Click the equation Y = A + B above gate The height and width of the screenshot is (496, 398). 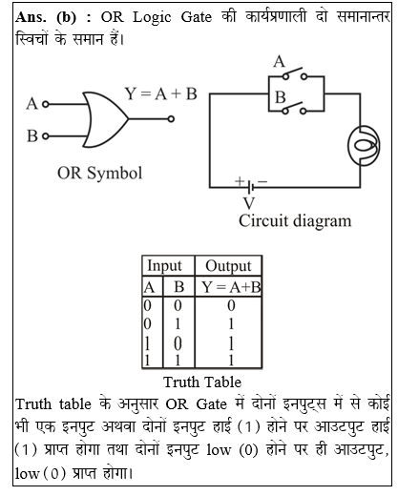point(160,93)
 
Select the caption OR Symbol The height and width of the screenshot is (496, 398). point(100,173)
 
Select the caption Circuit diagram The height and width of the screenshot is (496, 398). point(295,221)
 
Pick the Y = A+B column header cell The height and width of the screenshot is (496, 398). point(229,286)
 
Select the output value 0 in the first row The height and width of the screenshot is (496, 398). point(229,305)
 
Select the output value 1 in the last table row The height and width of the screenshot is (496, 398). point(229,360)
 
